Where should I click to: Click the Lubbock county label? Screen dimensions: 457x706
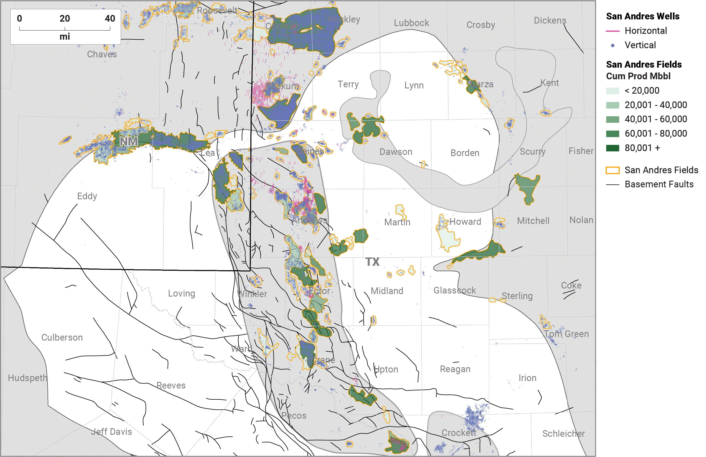click(x=411, y=23)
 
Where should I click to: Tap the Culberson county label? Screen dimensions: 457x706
click(x=62, y=337)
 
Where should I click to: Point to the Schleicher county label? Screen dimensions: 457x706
click(x=563, y=433)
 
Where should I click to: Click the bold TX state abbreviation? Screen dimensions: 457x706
click(x=372, y=262)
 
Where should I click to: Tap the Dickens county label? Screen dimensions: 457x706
click(x=550, y=20)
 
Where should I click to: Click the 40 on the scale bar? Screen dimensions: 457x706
click(x=110, y=18)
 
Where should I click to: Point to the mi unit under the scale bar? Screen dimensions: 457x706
click(x=65, y=37)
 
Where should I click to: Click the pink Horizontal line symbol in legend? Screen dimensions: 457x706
click(x=613, y=31)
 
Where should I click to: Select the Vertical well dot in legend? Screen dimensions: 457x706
click(x=613, y=45)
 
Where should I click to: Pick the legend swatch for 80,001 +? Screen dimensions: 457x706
click(x=613, y=148)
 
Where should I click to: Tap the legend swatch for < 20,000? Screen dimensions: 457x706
click(x=613, y=91)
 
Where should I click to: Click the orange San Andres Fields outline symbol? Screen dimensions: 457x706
click(x=613, y=170)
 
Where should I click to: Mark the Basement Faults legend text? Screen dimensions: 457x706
click(x=659, y=184)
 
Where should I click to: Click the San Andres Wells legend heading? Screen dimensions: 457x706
click(x=643, y=16)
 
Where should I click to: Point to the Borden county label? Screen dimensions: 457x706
click(x=465, y=153)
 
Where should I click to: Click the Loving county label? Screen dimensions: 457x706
click(x=182, y=293)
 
